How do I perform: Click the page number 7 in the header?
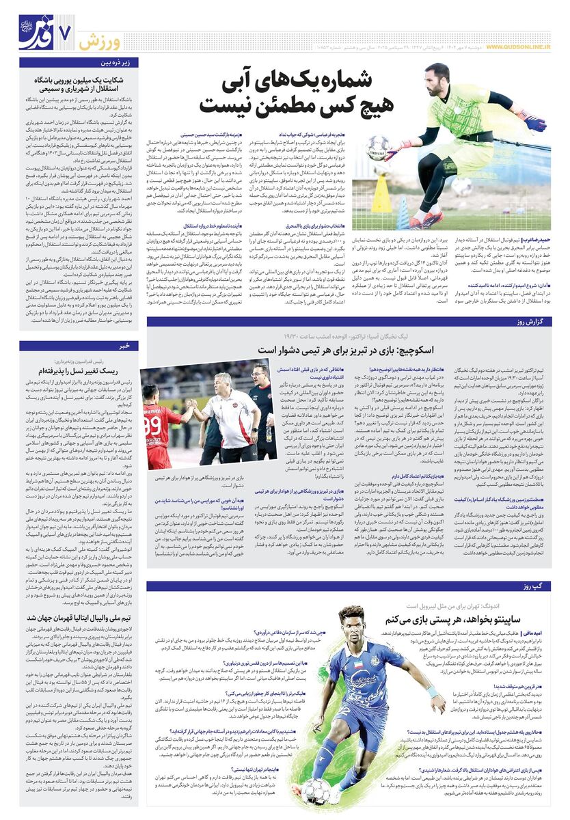[x=67, y=31]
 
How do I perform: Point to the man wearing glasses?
[x=261, y=386]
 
